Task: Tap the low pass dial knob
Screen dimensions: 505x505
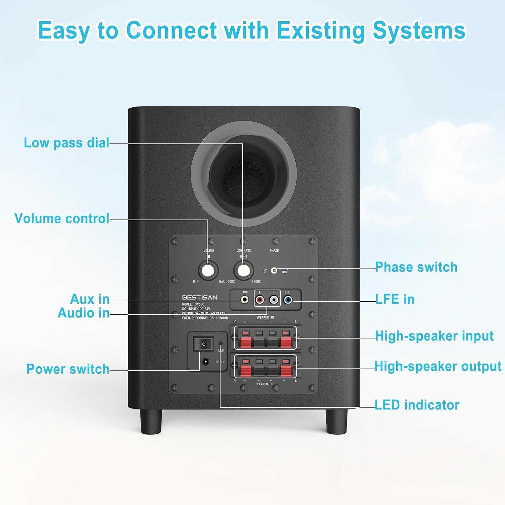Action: coord(243,270)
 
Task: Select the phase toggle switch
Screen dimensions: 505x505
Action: coord(274,270)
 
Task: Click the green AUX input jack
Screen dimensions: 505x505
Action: coord(245,299)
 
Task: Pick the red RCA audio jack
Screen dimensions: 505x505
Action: coord(260,299)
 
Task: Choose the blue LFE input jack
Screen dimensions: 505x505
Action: coord(288,299)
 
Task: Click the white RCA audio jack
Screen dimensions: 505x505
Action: coord(274,299)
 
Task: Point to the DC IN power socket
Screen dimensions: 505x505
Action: coord(205,362)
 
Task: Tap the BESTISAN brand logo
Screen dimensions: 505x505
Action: coord(200,297)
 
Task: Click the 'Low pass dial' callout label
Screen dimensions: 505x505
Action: coord(66,143)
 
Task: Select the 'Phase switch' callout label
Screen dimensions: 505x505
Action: coord(416,267)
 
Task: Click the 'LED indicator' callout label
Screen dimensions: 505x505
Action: coord(417,405)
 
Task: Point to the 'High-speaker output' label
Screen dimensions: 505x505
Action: coord(438,366)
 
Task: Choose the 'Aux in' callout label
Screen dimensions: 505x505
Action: coord(90,299)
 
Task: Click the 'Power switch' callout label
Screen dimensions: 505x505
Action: coord(68,369)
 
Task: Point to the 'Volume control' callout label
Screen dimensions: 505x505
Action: coord(62,218)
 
